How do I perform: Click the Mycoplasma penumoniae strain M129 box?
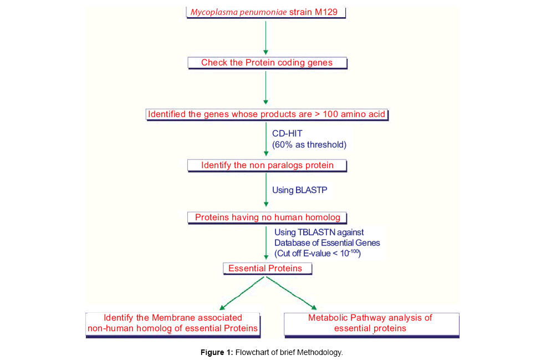coord(267,12)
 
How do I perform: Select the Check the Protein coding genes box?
coord(267,63)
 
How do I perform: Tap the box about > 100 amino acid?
coord(267,115)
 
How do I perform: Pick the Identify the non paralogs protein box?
coord(267,165)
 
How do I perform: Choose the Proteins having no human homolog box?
coord(267,217)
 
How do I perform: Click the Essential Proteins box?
coord(267,268)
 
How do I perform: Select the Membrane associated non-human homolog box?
coord(173,323)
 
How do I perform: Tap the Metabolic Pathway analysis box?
coord(370,323)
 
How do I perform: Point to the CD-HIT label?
coord(287,134)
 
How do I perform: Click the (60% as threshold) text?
coord(309,145)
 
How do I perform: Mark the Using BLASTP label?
coord(300,190)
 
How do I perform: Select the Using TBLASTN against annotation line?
coord(319,232)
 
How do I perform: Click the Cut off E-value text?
coord(318,254)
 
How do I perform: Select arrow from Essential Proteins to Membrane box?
coord(243,293)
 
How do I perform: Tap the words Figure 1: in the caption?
coord(217,352)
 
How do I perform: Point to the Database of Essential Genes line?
coord(327,243)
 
